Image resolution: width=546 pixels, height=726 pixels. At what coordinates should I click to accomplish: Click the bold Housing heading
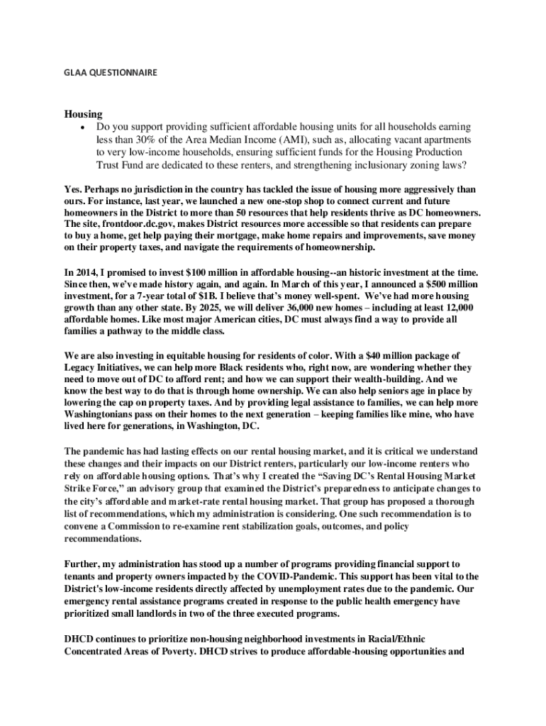click(84, 113)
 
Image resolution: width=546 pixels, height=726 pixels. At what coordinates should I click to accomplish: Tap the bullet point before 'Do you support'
click(85, 127)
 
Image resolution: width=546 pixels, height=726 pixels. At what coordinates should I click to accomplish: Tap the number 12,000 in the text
click(449, 307)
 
